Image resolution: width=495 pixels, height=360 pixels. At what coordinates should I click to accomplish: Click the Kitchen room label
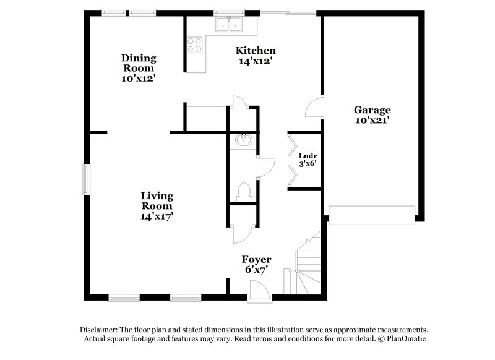(x=255, y=51)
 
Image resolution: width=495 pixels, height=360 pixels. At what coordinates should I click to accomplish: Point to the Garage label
(x=372, y=110)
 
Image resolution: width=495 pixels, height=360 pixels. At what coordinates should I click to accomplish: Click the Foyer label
(x=257, y=259)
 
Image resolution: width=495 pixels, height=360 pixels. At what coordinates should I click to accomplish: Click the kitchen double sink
(x=229, y=25)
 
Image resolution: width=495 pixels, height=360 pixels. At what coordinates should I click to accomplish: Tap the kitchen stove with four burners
(x=195, y=45)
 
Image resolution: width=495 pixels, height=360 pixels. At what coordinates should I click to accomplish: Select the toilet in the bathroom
(x=244, y=191)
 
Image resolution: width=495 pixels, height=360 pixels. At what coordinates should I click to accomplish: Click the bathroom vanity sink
(x=244, y=140)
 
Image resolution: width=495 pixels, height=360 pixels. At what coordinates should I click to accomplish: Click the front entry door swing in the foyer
(x=257, y=289)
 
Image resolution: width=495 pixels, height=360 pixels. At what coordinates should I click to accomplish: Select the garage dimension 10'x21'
(x=372, y=121)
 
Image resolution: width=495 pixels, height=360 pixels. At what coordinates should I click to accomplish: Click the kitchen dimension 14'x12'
(x=255, y=61)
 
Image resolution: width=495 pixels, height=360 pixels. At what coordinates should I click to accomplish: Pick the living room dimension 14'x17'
(x=156, y=216)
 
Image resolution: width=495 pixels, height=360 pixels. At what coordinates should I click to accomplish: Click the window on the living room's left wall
(x=87, y=179)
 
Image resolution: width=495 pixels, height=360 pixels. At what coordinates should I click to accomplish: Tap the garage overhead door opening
(x=371, y=215)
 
